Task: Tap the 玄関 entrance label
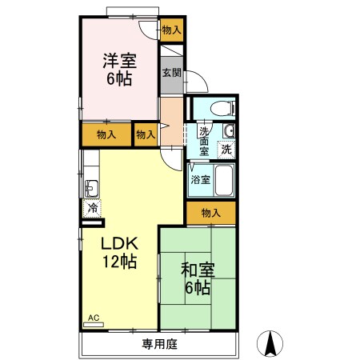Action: click(x=171, y=73)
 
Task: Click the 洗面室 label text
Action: click(x=204, y=141)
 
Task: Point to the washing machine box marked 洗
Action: click(x=226, y=149)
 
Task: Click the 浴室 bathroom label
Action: click(x=200, y=180)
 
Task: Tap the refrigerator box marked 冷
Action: click(x=93, y=207)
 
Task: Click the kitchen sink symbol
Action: click(x=90, y=190)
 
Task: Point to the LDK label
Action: click(x=120, y=243)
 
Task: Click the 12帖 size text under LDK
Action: click(x=120, y=262)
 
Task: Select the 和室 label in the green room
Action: click(x=197, y=270)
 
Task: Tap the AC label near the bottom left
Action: click(x=93, y=318)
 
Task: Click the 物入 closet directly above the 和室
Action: click(x=211, y=213)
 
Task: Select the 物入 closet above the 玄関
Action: click(x=171, y=30)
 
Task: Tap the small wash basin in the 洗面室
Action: click(x=229, y=131)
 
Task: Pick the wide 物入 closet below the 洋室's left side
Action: click(x=106, y=134)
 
